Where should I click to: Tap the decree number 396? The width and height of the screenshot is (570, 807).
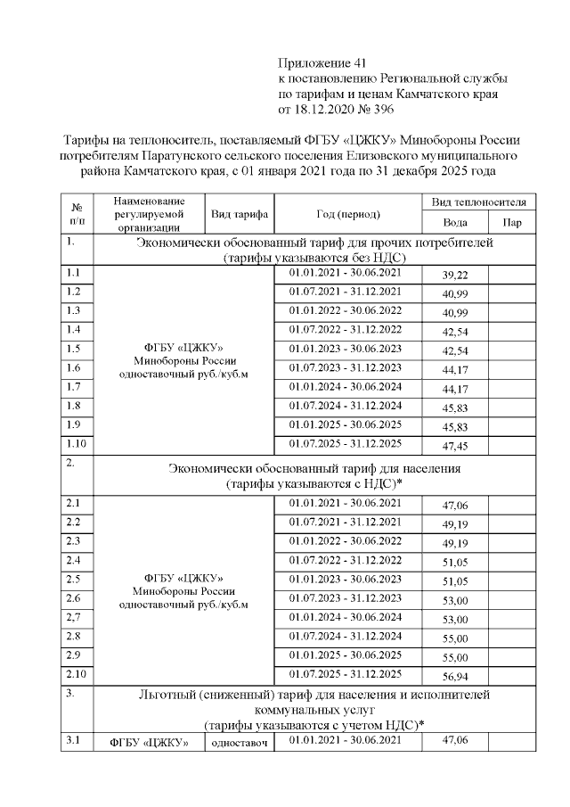382,109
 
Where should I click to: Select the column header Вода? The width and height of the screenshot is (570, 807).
454,222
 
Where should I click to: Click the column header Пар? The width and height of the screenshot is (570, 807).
513,222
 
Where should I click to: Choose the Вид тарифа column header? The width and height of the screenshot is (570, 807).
240,214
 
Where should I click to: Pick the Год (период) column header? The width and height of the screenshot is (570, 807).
347,214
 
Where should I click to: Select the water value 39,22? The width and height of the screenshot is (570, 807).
454,276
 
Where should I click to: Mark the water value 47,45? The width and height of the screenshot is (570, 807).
454,446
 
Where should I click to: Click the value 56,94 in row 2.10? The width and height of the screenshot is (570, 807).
454,677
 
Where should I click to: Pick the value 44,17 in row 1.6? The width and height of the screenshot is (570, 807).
454,369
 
